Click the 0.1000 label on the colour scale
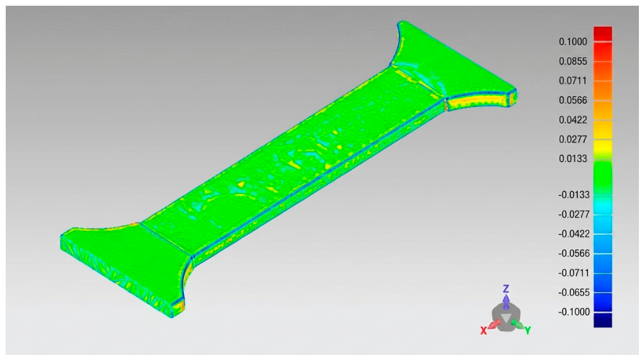click(573, 41)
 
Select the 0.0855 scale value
click(573, 61)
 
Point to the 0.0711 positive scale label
click(573, 80)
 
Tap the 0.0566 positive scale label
click(573, 100)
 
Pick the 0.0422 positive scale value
click(573, 120)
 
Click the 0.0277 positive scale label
click(573, 139)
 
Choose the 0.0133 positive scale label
click(573, 158)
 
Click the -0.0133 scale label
click(574, 195)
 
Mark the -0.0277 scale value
click(574, 214)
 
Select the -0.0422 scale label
click(574, 234)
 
